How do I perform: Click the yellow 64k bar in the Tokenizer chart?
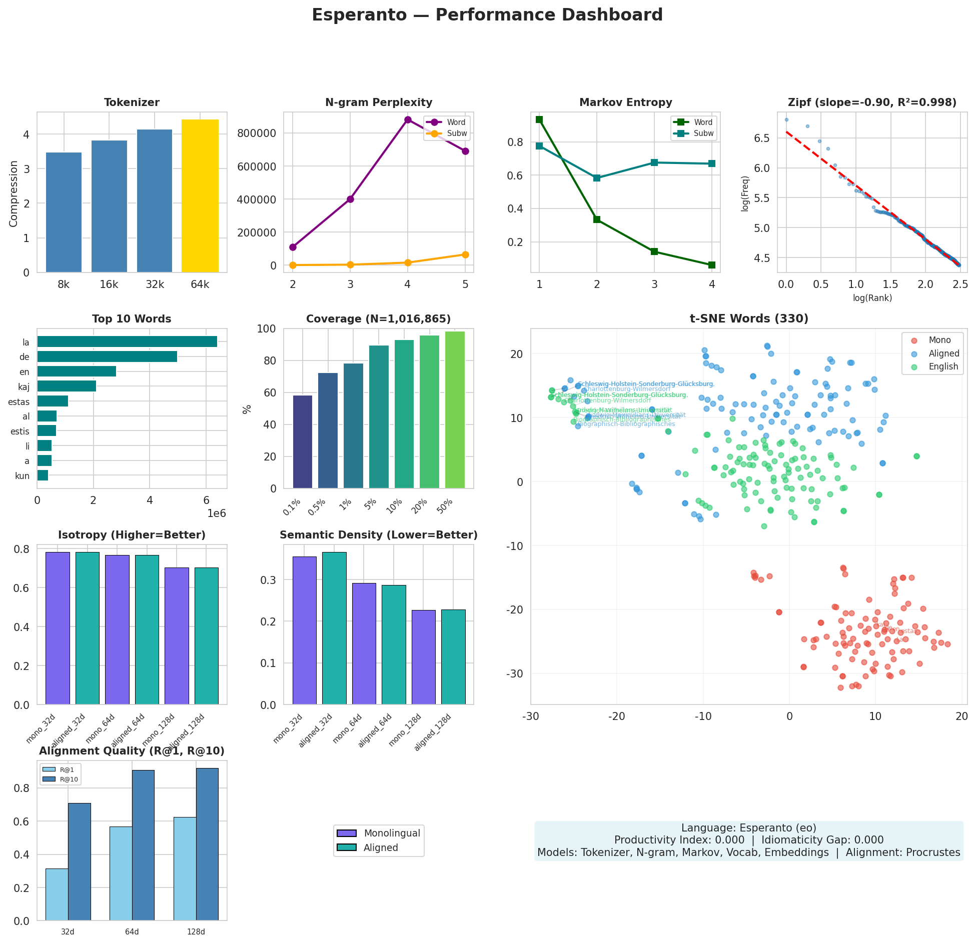[x=200, y=196]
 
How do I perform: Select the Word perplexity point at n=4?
[x=408, y=120]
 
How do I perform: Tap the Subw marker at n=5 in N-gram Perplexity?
[x=465, y=255]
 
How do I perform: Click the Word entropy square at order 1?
[x=539, y=119]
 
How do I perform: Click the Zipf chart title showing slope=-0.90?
[x=872, y=102]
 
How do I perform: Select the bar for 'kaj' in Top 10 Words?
[x=67, y=386]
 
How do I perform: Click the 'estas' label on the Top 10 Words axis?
[x=19, y=402]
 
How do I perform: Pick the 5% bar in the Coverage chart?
[x=379, y=416]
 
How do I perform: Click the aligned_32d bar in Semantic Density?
[x=334, y=628]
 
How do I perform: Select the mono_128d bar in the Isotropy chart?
[x=177, y=636]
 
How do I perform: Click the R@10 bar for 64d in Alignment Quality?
[x=143, y=845]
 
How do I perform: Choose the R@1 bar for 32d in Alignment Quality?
[x=57, y=894]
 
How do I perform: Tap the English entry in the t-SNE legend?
[x=943, y=366]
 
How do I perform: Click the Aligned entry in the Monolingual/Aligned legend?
[x=381, y=847]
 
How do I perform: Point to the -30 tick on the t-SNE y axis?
[x=516, y=673]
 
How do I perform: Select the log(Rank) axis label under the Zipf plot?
[x=872, y=298]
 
